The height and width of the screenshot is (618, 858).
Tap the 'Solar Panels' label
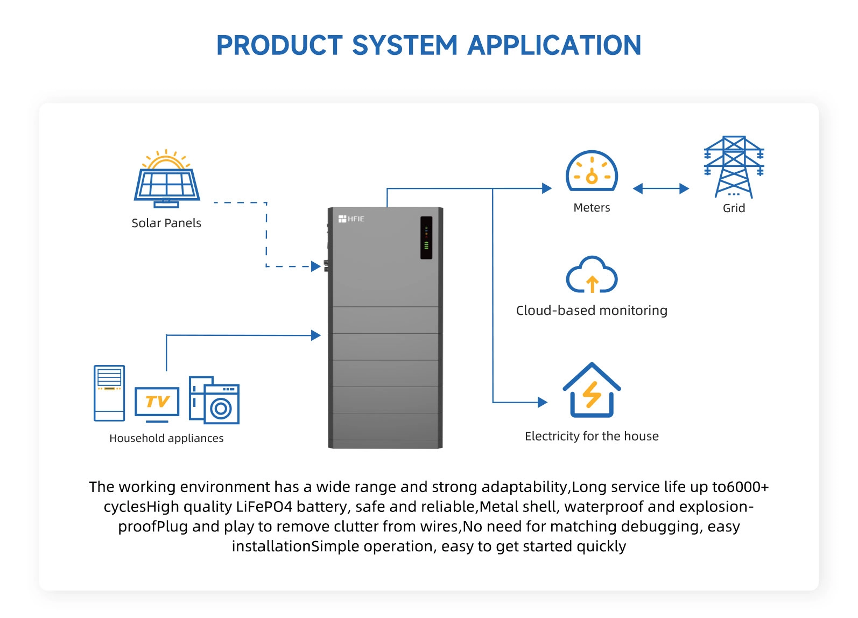pyautogui.click(x=166, y=223)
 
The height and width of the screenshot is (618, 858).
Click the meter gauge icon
pyautogui.click(x=592, y=171)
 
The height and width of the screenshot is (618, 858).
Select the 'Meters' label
pyautogui.click(x=592, y=208)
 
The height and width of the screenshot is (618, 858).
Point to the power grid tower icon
pyautogui.click(x=734, y=167)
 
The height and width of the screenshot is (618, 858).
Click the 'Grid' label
pyautogui.click(x=734, y=208)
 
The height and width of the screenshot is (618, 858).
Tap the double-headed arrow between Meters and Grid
pyautogui.click(x=661, y=188)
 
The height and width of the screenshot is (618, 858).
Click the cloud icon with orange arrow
pyautogui.click(x=592, y=275)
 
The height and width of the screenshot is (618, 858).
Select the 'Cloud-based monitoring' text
pyautogui.click(x=592, y=311)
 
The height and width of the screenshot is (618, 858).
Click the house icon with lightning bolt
pyautogui.click(x=592, y=391)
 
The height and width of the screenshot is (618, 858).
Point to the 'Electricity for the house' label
pyautogui.click(x=592, y=436)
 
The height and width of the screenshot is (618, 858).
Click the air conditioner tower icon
pyautogui.click(x=109, y=393)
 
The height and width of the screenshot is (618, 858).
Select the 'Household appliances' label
pyautogui.click(x=166, y=438)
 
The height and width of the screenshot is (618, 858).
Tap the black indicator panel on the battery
pyautogui.click(x=426, y=237)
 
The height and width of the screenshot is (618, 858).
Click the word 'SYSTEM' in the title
pyautogui.click(x=404, y=45)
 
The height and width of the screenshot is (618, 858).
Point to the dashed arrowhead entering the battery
pyautogui.click(x=317, y=266)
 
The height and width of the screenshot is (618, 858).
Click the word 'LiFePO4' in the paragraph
pyautogui.click(x=264, y=507)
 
